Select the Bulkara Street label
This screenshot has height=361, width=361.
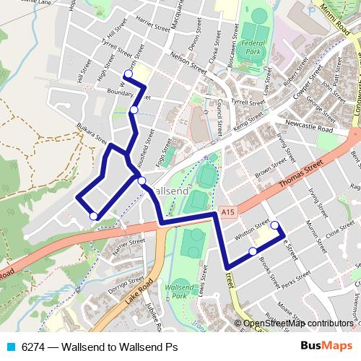point(91,135)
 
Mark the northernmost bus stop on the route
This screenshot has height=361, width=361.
point(128,73)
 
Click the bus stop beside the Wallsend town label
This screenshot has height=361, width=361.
point(142,180)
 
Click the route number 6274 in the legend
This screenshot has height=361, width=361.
point(32,347)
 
